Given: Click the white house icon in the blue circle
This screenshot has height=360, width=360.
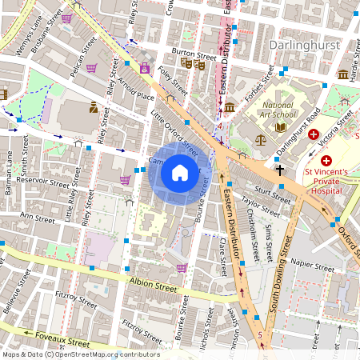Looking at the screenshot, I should click(180, 173).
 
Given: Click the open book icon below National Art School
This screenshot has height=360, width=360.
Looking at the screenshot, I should click(280, 126).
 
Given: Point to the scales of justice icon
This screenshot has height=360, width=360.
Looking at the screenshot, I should click(259, 138).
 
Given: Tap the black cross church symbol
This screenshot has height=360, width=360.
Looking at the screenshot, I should click(280, 169).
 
